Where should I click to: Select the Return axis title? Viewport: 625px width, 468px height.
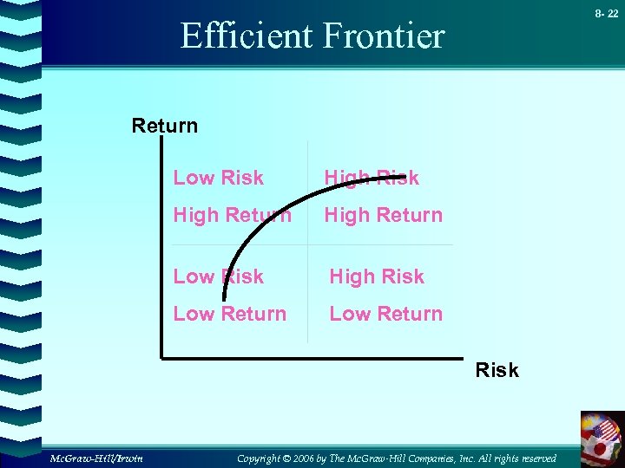164,126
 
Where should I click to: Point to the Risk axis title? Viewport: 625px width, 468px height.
497,370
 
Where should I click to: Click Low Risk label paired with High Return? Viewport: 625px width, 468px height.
218,178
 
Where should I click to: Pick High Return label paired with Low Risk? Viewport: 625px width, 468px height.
232,215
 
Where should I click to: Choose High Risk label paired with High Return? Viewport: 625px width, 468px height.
372,178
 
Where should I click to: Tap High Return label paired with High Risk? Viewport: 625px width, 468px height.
383,215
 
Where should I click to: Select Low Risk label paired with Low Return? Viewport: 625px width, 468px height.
218,276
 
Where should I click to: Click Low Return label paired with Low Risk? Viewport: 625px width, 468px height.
229,314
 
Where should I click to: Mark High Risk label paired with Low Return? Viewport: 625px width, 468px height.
376,276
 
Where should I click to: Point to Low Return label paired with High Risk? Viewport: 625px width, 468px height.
385,314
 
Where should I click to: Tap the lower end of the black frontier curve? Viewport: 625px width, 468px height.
224,299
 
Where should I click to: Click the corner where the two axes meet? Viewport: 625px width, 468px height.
162,355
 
